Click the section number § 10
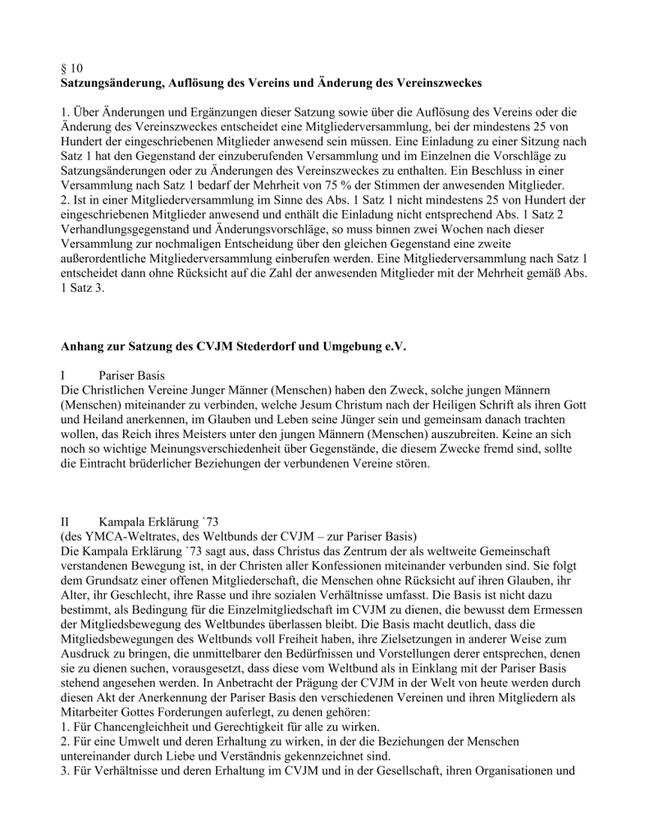click(72, 70)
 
